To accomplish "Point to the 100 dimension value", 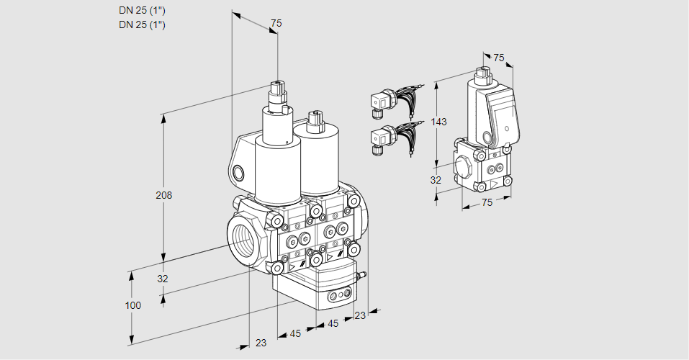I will pos(132,305).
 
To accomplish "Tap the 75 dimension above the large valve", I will pos(276,24).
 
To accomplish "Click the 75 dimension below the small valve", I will pos(487,202).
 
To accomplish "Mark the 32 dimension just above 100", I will pos(163,279).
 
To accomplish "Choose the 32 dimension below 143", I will pos(436,180).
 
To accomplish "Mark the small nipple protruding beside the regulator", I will pos(362,274).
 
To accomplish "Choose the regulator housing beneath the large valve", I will pos(317,284).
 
